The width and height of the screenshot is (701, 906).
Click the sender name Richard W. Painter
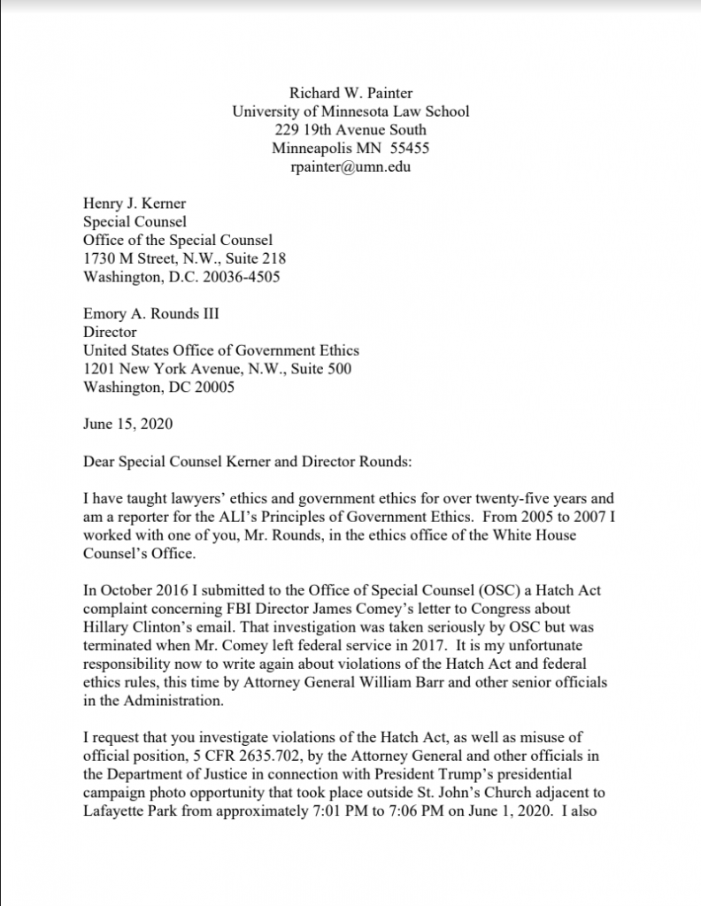tap(350, 92)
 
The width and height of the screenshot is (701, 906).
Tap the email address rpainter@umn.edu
tap(350, 166)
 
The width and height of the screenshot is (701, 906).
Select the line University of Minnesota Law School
tap(350, 111)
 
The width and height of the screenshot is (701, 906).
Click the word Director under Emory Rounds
tap(110, 333)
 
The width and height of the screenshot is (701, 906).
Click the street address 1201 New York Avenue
tap(165, 369)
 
